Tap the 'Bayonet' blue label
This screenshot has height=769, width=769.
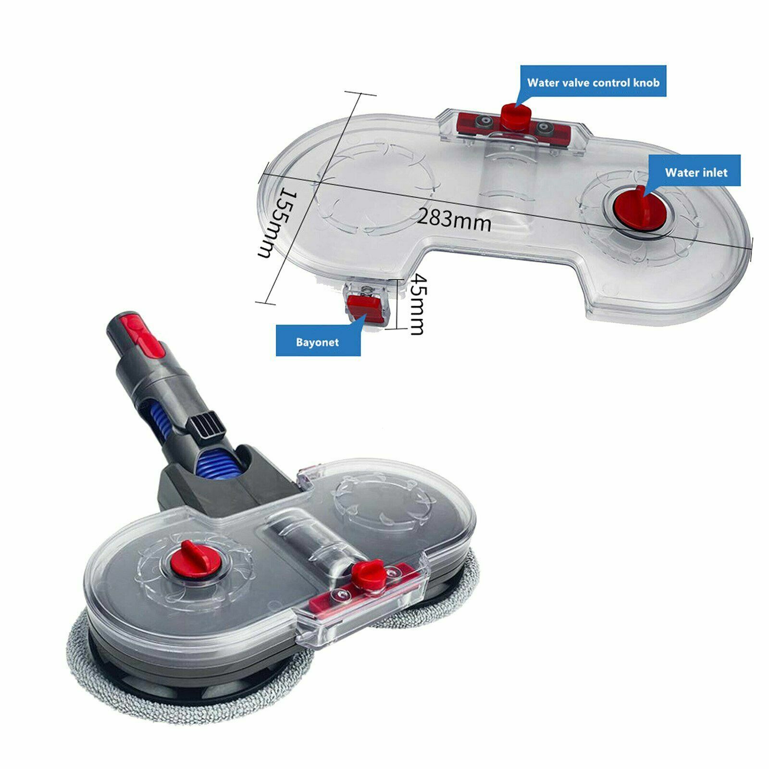[x=318, y=342]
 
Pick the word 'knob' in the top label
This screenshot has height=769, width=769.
[x=646, y=82]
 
